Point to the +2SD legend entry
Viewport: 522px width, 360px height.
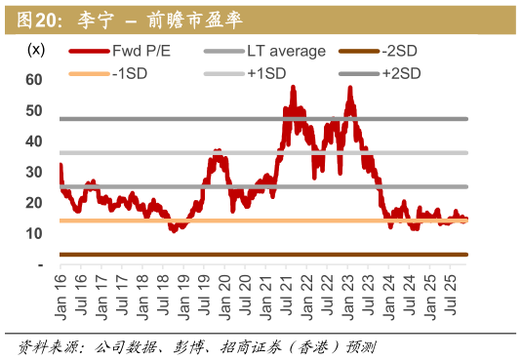click(401, 73)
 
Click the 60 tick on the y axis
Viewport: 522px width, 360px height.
click(33, 80)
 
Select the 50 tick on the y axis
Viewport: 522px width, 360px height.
click(33, 111)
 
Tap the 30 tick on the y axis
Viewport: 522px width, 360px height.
click(33, 173)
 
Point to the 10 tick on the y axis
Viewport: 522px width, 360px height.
click(33, 234)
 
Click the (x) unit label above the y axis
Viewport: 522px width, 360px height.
click(36, 50)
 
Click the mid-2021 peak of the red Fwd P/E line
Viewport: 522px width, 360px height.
click(293, 88)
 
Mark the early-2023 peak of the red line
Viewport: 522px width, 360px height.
click(349, 89)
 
